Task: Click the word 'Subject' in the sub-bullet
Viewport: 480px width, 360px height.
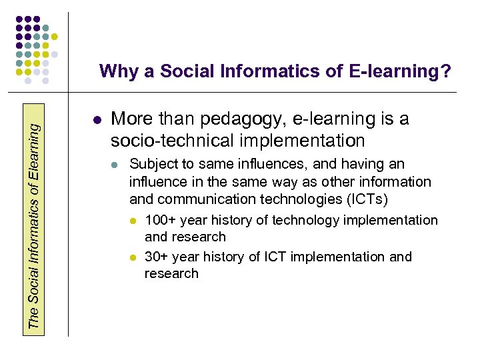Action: (151, 164)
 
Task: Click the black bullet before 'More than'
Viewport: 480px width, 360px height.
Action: (97, 121)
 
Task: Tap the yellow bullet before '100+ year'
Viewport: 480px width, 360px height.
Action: (133, 221)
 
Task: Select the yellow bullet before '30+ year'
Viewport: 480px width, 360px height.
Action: (133, 257)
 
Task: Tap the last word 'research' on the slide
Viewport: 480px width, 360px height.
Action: (171, 273)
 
